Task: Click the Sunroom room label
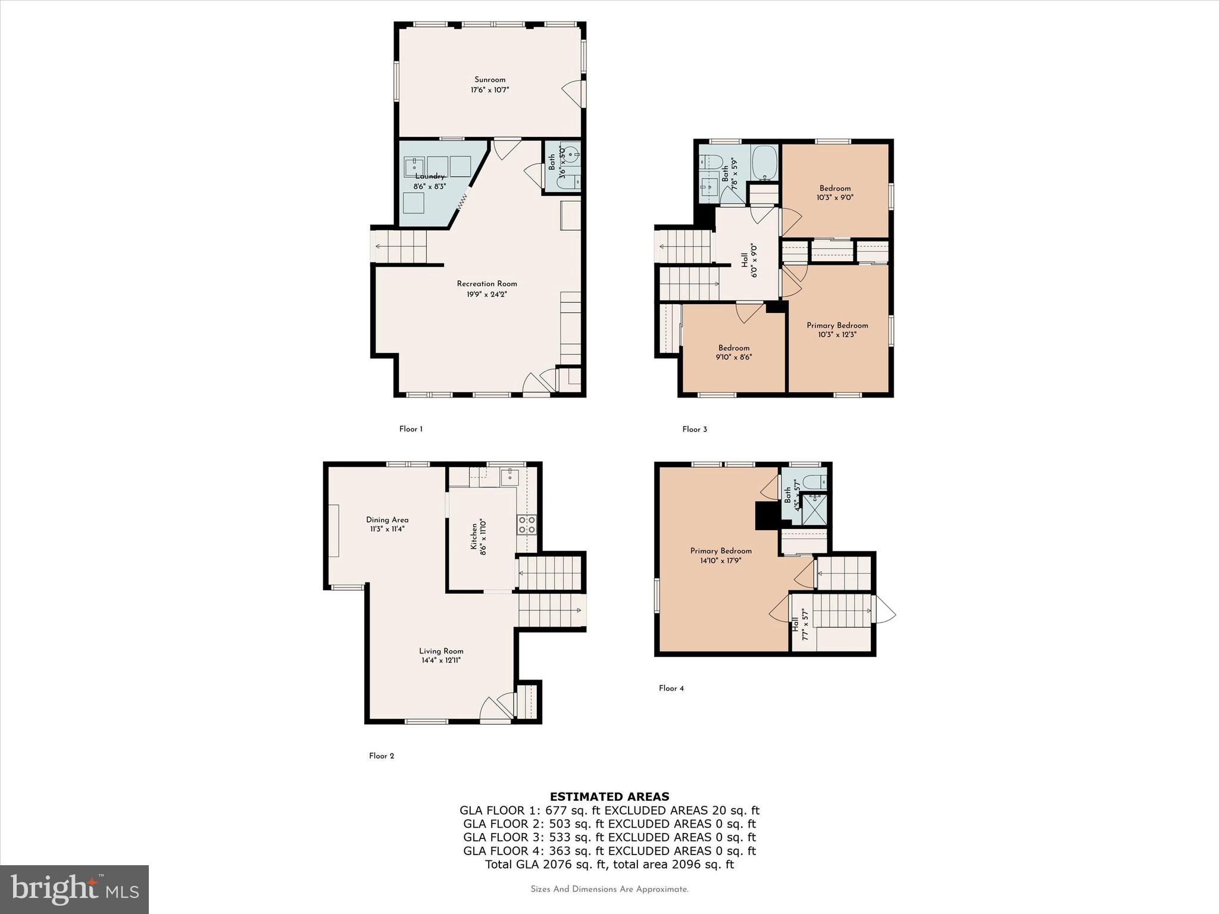point(489,80)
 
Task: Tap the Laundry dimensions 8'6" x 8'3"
point(429,186)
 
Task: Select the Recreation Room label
point(486,284)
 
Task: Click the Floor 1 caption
point(411,429)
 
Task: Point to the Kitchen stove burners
point(527,524)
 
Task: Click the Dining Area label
point(387,520)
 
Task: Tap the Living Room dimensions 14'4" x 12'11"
point(440,661)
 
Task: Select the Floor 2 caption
point(382,756)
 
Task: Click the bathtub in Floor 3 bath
point(764,163)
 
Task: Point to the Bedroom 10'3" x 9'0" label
point(834,188)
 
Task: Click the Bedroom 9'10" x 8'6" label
point(733,348)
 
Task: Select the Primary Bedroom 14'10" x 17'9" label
point(720,551)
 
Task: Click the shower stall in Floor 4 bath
point(814,509)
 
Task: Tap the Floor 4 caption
point(671,688)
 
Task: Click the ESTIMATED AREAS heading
point(609,797)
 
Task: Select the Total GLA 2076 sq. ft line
point(609,865)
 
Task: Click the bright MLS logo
point(74,889)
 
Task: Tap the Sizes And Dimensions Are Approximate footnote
point(609,890)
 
